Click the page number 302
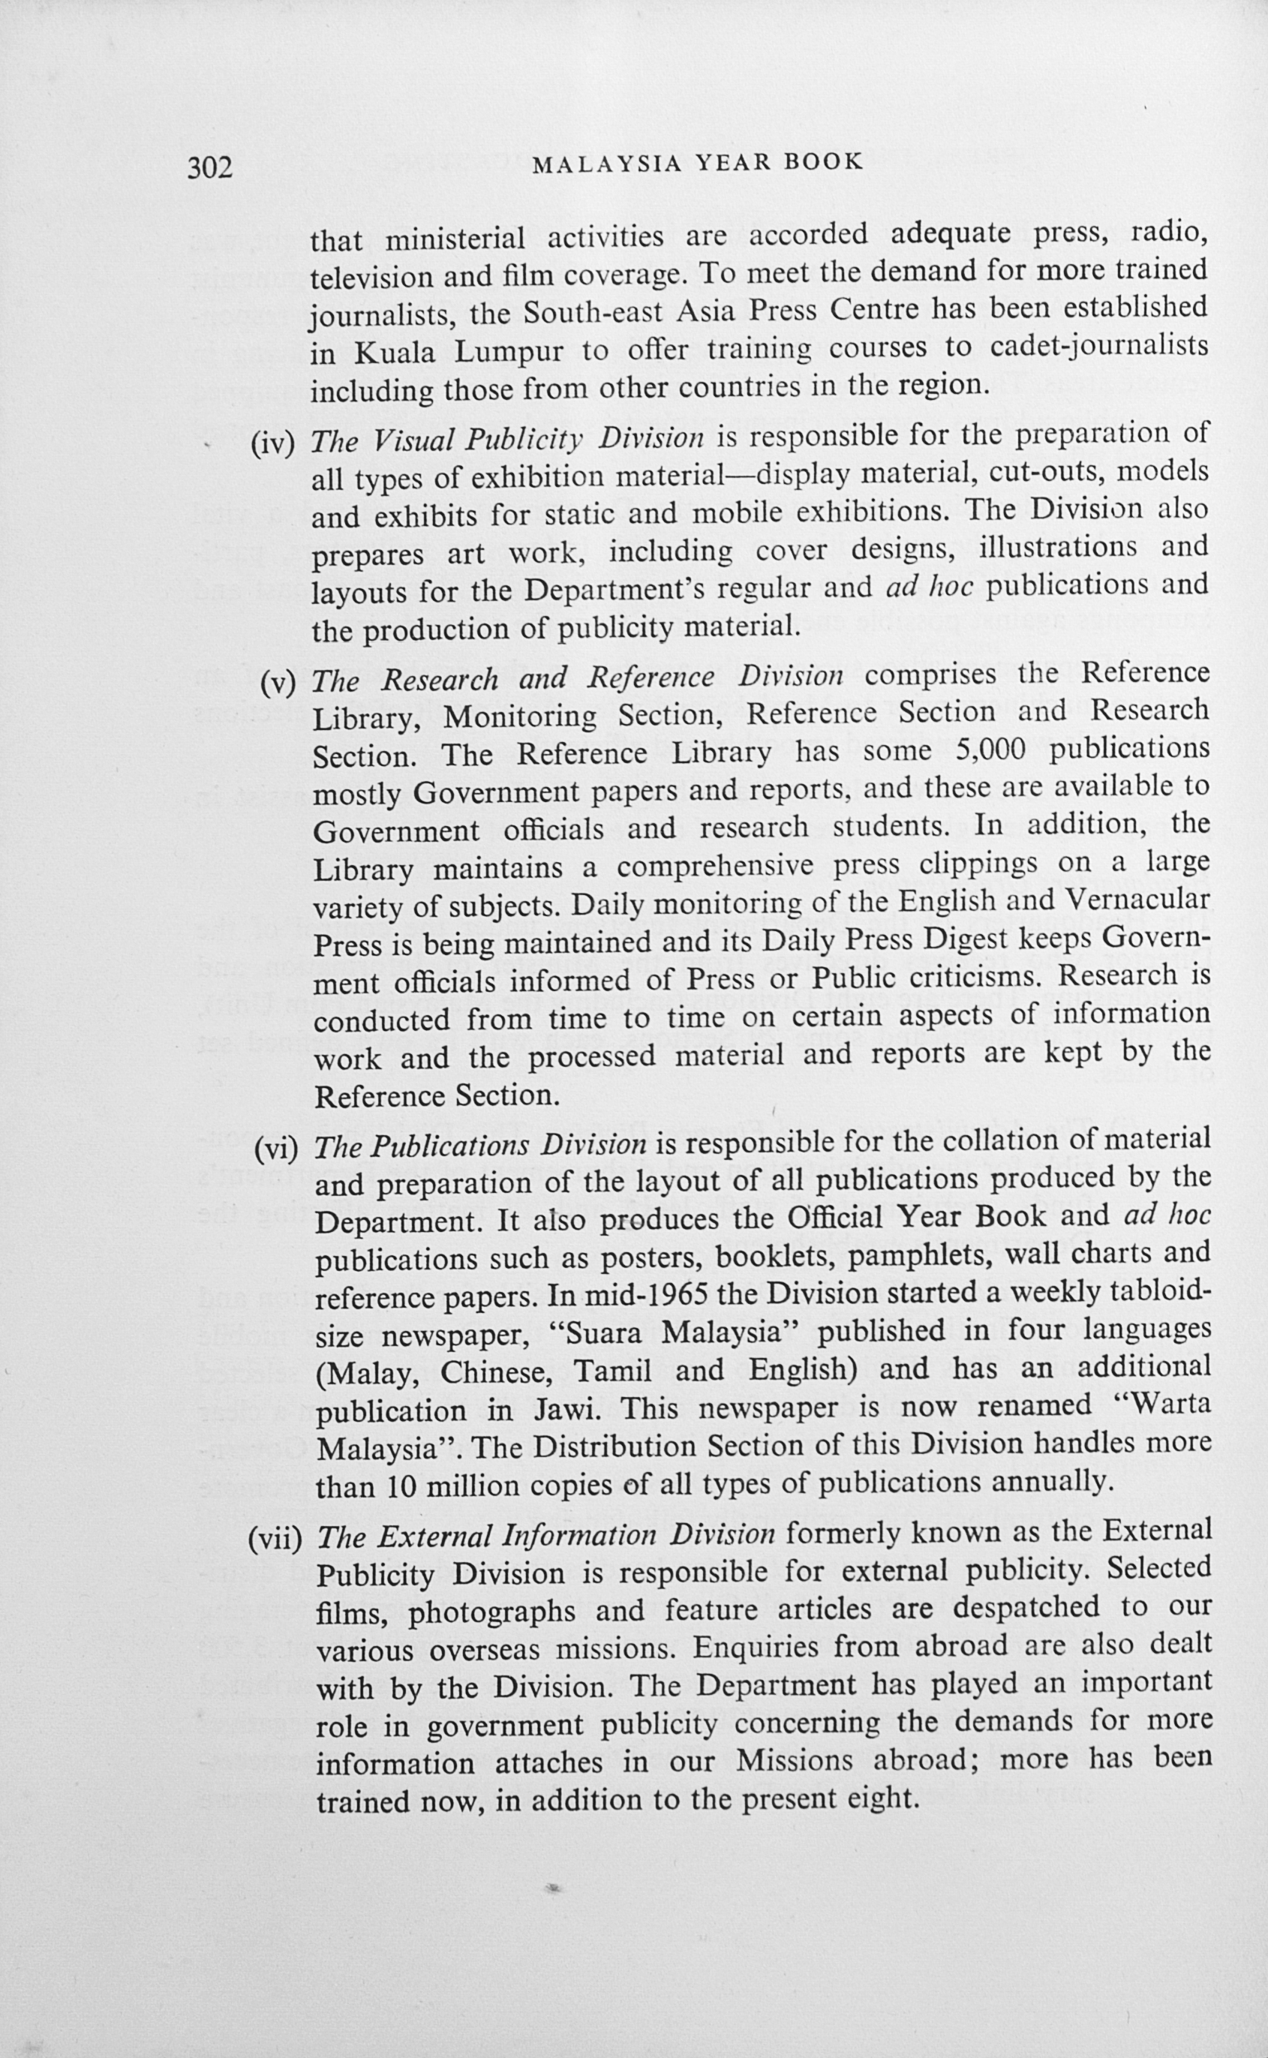(209, 169)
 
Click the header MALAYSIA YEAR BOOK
(698, 163)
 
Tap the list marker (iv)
(273, 443)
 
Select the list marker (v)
(278, 684)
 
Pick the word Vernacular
(1137, 899)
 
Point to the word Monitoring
(520, 717)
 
